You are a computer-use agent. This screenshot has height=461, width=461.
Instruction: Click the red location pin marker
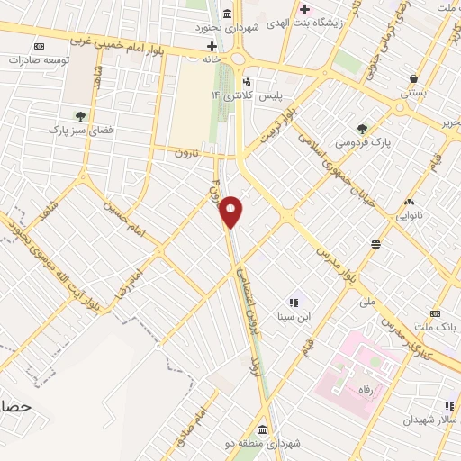[231, 212]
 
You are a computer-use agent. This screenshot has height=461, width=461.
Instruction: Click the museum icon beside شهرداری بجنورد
[225, 13]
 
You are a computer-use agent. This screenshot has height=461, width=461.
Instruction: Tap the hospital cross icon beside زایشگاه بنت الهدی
[304, 9]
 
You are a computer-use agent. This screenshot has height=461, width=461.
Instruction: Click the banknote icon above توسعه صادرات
[38, 45]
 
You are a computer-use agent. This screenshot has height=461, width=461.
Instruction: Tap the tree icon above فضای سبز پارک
[80, 115]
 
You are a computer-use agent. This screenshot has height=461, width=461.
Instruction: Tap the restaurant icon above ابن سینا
[293, 303]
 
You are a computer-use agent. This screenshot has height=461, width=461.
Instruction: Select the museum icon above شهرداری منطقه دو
[262, 428]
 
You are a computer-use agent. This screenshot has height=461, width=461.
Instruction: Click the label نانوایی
[412, 216]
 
